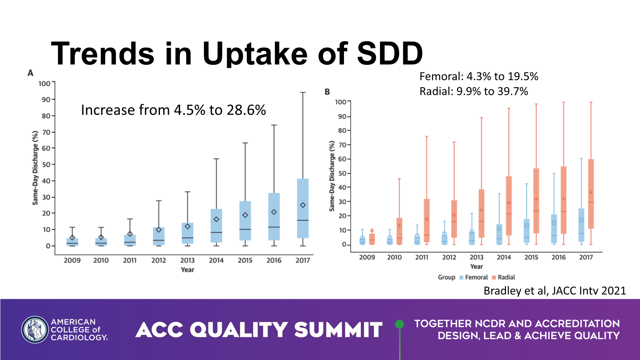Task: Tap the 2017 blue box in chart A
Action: point(303,208)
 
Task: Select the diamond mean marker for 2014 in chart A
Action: point(216,219)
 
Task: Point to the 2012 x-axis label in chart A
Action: point(158,260)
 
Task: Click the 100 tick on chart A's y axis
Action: point(44,84)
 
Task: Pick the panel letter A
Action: point(30,73)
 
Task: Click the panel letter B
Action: point(327,92)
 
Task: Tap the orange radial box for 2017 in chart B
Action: point(591,194)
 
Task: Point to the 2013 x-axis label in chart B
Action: point(476,257)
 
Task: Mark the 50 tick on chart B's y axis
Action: point(342,173)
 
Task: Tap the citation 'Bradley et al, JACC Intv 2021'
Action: point(554,290)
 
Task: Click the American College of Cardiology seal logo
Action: point(35,330)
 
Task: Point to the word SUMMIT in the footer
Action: point(338,330)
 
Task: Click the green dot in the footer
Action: point(399,324)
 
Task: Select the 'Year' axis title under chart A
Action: point(187,270)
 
